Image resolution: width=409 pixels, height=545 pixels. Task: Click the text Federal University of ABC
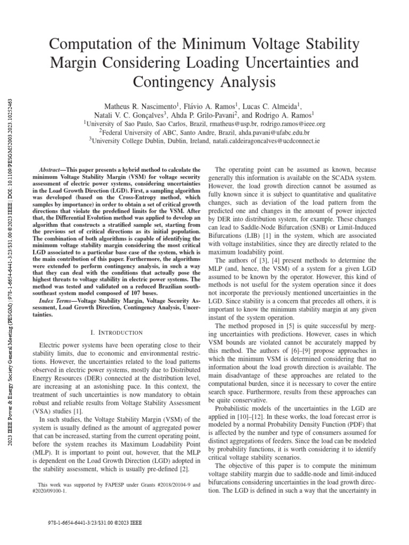[137, 133]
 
